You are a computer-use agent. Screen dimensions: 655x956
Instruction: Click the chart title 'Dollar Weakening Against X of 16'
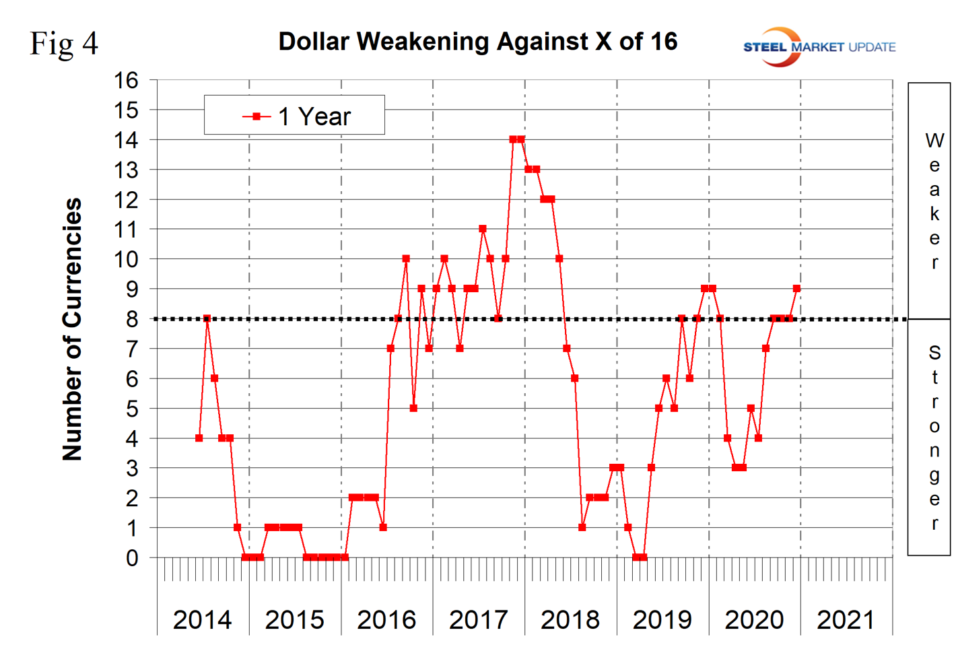(x=477, y=42)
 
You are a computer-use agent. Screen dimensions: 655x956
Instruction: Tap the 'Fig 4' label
(x=64, y=44)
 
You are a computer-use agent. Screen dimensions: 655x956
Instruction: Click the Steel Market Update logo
(x=819, y=46)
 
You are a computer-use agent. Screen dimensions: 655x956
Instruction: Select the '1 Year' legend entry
(x=296, y=116)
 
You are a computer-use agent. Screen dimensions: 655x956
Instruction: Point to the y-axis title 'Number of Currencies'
(x=72, y=329)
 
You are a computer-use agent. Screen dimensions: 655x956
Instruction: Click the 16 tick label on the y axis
(x=126, y=80)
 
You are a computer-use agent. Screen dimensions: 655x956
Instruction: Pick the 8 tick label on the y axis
(x=132, y=319)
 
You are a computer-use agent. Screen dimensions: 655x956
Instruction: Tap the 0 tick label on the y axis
(x=132, y=557)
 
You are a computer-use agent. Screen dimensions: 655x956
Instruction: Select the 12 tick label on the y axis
(x=126, y=200)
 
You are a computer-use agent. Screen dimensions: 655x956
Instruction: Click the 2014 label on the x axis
(x=202, y=619)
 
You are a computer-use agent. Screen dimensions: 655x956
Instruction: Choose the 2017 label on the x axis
(x=478, y=619)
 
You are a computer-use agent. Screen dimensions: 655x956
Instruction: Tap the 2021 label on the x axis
(x=846, y=619)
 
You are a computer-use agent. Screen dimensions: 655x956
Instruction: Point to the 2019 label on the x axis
(x=662, y=619)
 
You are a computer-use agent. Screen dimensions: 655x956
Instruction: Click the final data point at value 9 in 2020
(x=796, y=289)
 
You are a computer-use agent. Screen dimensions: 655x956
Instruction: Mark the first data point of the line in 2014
(x=199, y=438)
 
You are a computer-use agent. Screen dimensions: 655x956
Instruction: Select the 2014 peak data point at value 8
(x=207, y=319)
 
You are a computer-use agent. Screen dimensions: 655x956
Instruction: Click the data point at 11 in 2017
(x=483, y=229)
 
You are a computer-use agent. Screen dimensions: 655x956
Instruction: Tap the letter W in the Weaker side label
(x=934, y=141)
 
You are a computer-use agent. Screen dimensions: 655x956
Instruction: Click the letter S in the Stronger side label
(x=934, y=353)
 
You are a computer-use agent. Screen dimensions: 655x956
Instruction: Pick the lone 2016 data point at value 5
(x=413, y=409)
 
